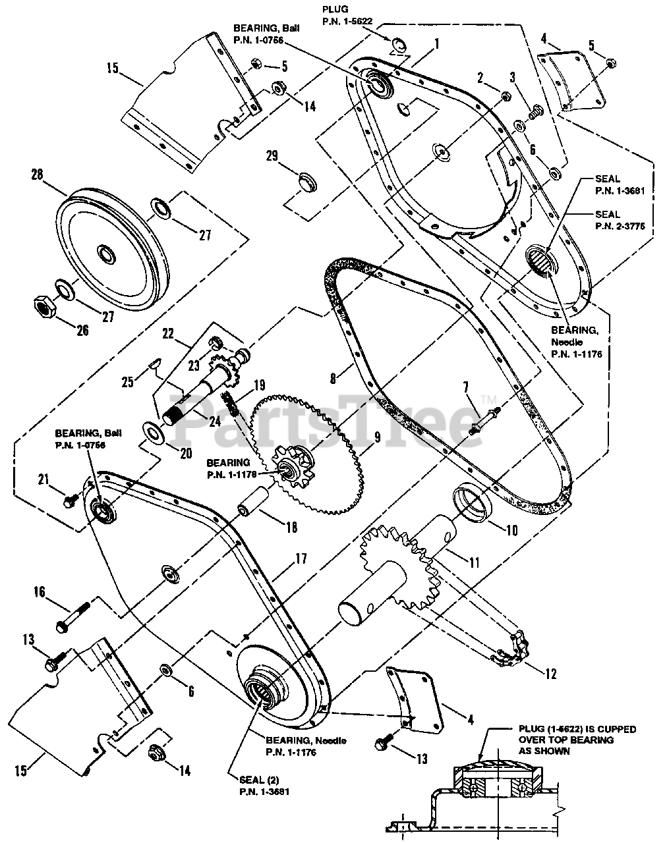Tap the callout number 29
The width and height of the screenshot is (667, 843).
pos(272,156)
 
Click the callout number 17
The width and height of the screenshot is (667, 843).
pos(301,559)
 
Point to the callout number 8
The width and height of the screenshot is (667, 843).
pos(333,379)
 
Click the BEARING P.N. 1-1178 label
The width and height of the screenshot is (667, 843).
pos(230,468)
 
